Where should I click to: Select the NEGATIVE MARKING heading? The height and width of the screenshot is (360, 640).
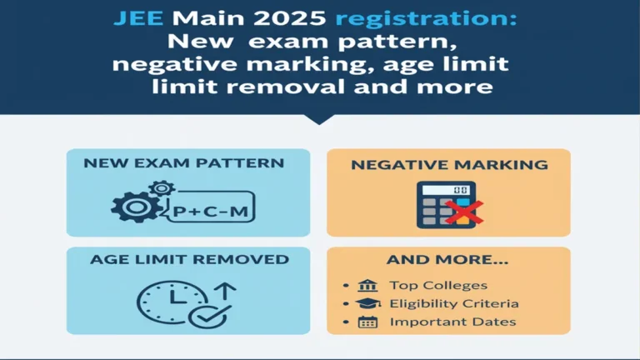449,165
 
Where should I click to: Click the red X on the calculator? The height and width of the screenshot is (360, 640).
469,212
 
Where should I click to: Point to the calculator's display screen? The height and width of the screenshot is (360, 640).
449,191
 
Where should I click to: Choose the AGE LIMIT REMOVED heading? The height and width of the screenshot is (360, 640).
189,260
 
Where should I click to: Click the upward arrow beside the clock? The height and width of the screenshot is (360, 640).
226,294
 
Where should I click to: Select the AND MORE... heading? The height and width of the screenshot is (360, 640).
449,260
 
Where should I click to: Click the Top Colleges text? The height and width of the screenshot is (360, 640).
438,286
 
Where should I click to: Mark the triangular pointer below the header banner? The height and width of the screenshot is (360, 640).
320,118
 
